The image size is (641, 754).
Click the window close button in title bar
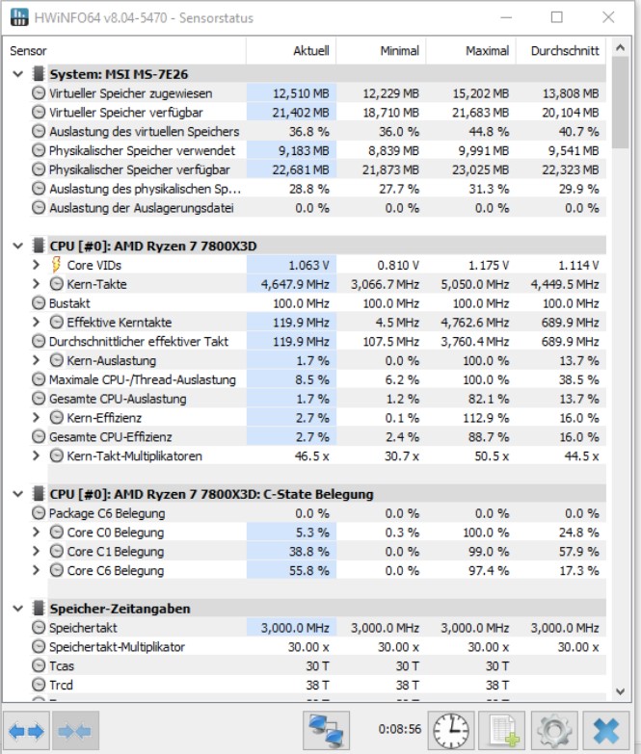(606, 17)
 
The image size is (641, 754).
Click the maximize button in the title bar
(556, 17)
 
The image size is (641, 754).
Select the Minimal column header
(399, 51)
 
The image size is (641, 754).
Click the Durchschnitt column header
(565, 51)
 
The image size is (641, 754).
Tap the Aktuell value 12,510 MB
(301, 93)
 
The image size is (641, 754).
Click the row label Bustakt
(69, 303)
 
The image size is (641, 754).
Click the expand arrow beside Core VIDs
(37, 265)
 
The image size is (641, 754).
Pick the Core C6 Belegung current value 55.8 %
(308, 571)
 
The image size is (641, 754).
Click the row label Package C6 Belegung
(106, 513)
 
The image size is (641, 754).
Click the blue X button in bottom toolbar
(606, 730)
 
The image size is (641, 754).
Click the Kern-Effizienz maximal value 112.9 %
(488, 418)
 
